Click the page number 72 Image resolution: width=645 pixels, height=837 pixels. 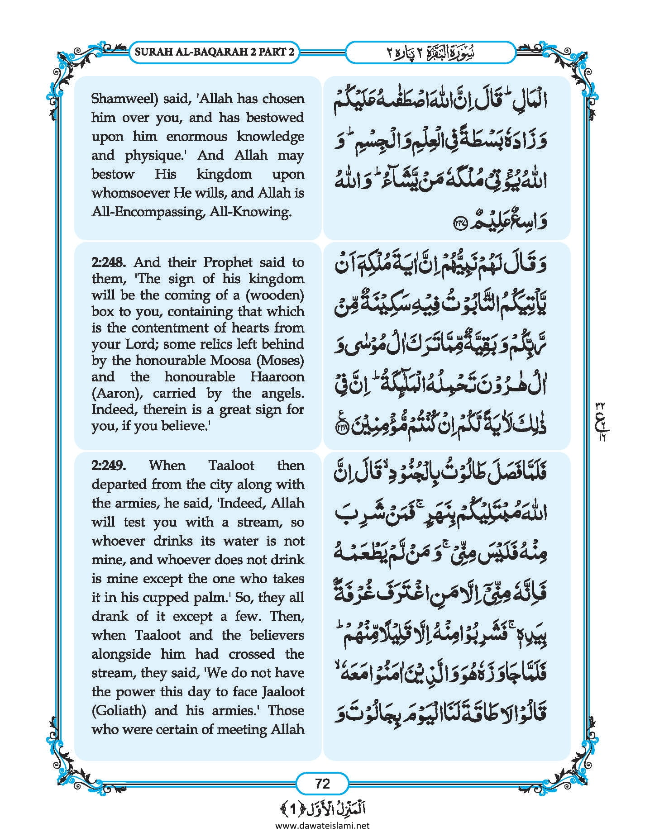322,783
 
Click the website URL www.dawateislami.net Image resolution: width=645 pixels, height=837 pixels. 322,825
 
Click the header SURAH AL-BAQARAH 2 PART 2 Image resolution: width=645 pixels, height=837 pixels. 215,52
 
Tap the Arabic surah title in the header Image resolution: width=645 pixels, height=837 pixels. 430,52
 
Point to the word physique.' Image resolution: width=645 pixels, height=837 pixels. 159,156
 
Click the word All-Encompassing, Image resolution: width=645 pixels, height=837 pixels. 148,212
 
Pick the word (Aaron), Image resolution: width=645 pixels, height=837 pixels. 118,393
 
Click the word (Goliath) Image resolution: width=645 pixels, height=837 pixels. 119,711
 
